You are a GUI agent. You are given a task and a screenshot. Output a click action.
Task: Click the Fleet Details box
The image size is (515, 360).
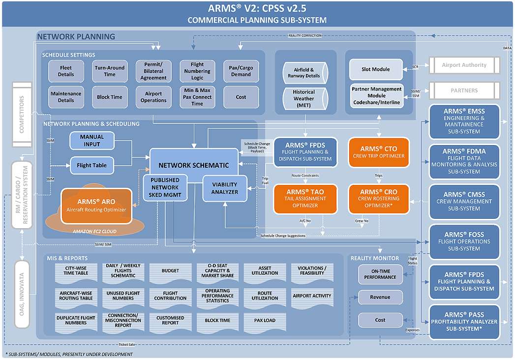(x=66, y=71)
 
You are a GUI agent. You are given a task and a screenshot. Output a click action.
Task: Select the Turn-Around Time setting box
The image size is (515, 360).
(x=110, y=71)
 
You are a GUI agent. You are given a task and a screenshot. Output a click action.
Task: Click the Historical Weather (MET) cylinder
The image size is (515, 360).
(x=304, y=98)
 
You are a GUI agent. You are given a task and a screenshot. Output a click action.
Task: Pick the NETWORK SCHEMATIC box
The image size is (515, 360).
(x=194, y=165)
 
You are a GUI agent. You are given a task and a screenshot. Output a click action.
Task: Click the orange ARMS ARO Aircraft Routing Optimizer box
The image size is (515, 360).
(x=96, y=206)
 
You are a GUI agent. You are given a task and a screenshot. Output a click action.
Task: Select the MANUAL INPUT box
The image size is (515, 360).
(x=92, y=140)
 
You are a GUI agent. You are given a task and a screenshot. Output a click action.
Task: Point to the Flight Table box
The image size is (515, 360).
(x=92, y=165)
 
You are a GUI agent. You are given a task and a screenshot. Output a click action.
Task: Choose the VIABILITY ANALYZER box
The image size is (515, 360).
(x=225, y=188)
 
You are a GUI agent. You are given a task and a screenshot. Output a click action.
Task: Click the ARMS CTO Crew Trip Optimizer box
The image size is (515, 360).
(x=379, y=152)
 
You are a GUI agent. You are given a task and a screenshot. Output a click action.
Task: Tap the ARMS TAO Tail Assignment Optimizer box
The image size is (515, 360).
(x=305, y=199)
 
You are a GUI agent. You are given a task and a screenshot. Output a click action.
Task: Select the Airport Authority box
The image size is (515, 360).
(x=464, y=65)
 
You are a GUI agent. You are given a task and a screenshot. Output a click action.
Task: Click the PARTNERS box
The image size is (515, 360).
(x=464, y=90)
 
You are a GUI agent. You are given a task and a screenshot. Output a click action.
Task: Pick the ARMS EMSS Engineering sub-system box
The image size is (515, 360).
(x=463, y=121)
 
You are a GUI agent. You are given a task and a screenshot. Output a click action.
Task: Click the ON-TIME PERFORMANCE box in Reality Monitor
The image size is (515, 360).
(x=380, y=274)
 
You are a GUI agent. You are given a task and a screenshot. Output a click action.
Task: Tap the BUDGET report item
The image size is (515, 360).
(x=170, y=271)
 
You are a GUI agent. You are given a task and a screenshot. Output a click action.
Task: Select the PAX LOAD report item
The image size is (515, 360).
(x=265, y=320)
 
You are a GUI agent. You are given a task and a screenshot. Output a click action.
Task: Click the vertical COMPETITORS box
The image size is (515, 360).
(x=22, y=115)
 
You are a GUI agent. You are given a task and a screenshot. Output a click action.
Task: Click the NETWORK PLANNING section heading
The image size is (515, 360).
(x=76, y=36)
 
